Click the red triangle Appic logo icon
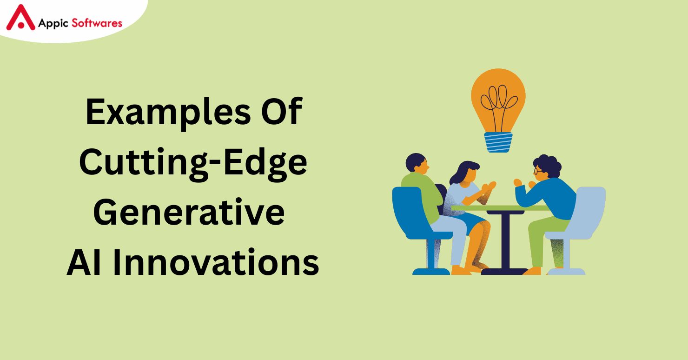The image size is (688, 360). point(20,18)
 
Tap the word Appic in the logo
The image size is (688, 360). point(53,23)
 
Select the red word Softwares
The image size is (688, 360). point(97,23)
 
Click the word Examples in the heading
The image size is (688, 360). point(168,113)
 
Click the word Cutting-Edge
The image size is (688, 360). point(193,163)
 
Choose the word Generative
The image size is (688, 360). point(189,212)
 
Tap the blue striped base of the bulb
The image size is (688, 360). point(498,142)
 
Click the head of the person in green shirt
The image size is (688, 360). point(417,164)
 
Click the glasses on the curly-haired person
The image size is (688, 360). point(538,171)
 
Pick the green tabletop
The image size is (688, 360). point(500,208)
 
